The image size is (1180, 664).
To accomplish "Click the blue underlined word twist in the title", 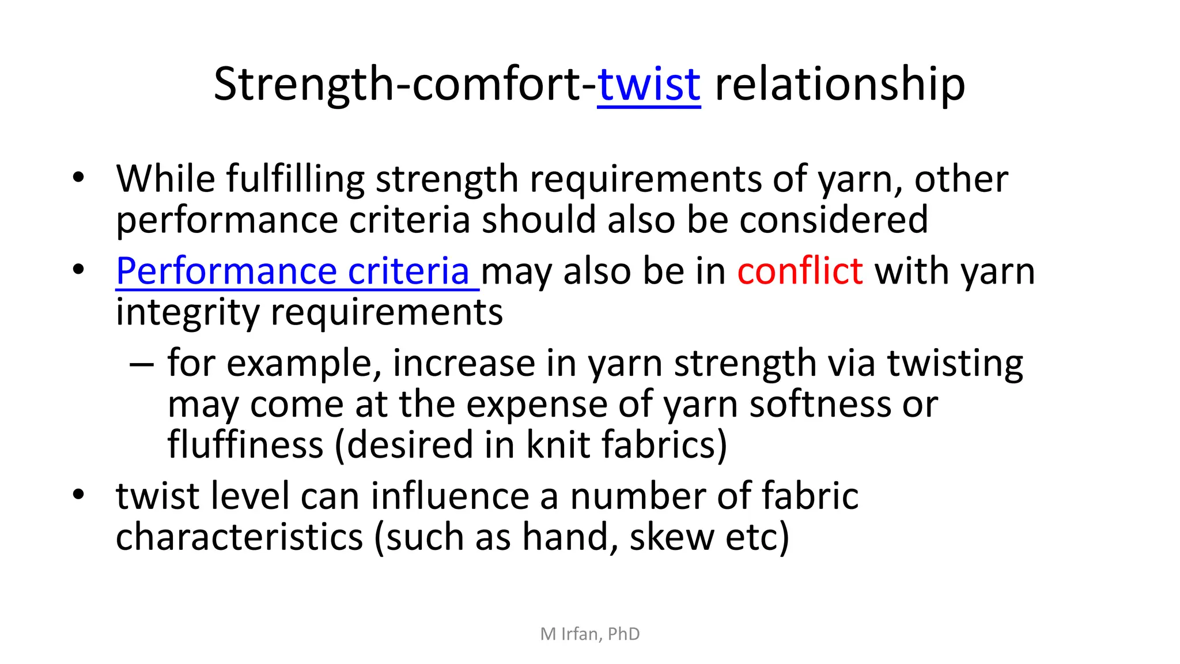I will tap(649, 85).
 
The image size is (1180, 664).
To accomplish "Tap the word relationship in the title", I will tap(839, 85).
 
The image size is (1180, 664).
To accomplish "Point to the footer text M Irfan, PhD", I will tap(590, 634).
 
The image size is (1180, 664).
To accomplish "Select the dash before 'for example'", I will tap(142, 365).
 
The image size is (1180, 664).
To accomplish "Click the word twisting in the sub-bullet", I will tap(955, 364).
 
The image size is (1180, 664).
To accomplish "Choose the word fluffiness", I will tap(245, 445).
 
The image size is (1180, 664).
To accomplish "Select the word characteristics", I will tap(239, 537).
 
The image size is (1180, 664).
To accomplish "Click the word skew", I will tap(671, 537).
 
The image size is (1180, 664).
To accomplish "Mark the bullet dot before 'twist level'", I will tap(78, 495).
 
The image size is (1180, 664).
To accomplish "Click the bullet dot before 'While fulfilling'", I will tap(78, 177).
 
